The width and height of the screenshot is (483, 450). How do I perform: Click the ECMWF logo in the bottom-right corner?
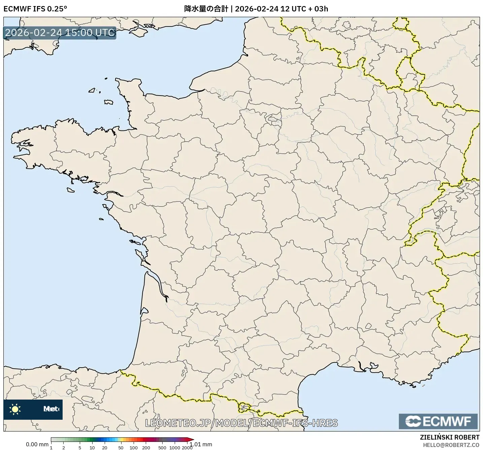click(438, 421)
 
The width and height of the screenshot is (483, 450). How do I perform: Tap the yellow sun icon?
click(15, 409)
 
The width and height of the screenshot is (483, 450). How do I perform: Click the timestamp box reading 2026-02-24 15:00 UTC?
click(60, 33)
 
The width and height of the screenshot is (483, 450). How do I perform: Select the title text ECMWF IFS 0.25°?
click(35, 9)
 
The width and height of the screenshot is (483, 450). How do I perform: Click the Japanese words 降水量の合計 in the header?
click(206, 9)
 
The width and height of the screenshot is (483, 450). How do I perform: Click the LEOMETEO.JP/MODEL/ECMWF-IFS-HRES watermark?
click(241, 423)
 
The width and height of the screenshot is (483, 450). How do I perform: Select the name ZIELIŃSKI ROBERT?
click(450, 437)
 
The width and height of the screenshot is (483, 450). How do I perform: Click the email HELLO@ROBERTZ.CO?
click(451, 445)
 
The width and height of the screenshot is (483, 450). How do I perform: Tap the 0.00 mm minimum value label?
click(37, 445)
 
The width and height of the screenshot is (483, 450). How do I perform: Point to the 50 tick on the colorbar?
click(121, 448)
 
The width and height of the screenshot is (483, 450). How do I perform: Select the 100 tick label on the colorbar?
click(134, 448)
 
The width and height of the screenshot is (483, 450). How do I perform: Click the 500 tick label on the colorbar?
click(162, 448)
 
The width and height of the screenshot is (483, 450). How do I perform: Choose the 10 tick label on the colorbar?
click(92, 448)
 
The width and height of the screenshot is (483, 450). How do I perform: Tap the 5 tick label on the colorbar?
click(80, 448)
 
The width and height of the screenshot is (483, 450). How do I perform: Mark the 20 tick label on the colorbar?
click(105, 448)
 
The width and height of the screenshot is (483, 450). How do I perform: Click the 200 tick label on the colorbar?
click(146, 448)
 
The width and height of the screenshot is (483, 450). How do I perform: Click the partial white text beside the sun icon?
click(51, 409)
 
